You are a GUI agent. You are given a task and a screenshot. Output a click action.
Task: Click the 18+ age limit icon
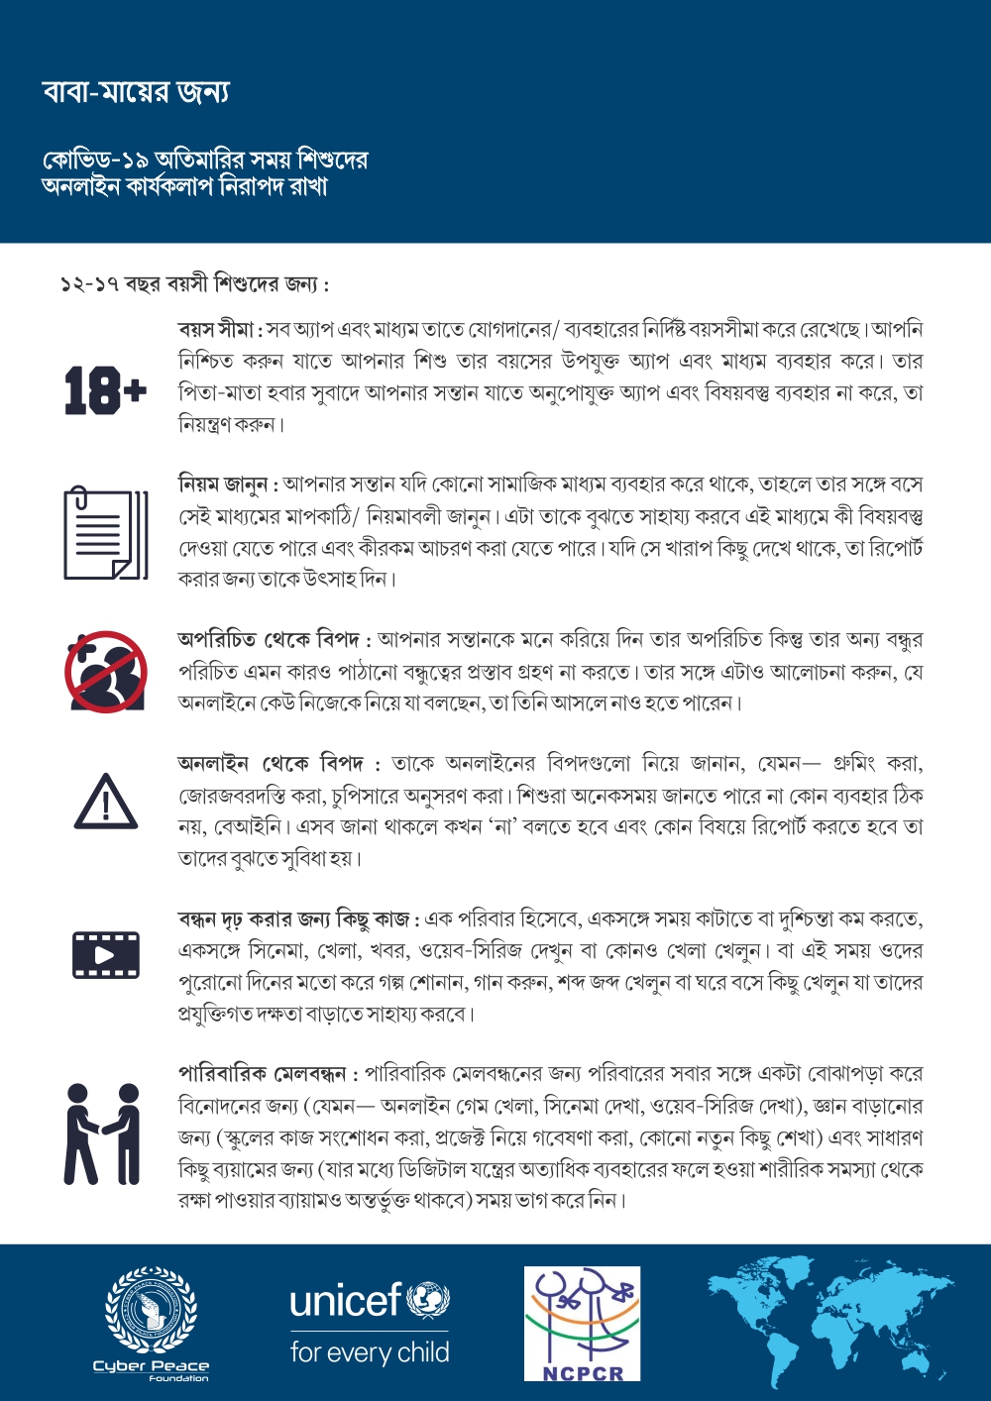[x=105, y=390]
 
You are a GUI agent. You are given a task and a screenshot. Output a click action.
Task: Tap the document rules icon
[x=105, y=533]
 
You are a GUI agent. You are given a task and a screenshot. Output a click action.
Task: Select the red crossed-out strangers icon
[x=105, y=671]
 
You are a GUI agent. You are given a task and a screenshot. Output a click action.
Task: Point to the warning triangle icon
[x=105, y=801]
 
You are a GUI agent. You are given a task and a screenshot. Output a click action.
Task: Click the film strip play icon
[x=105, y=955]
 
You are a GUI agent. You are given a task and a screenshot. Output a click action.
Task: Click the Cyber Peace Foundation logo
[x=151, y=1322]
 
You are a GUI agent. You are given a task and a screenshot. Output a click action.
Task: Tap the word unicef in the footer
[x=345, y=1299]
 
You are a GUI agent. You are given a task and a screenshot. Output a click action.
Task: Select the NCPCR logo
[x=582, y=1323]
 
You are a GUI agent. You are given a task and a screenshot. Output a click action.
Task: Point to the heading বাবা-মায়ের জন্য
[x=136, y=92]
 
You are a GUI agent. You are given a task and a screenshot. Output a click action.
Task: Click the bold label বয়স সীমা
[x=217, y=329]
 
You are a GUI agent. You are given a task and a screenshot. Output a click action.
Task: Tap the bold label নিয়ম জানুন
[x=224, y=485]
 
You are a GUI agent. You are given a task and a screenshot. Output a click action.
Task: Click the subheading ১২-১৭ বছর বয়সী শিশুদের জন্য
[x=193, y=284]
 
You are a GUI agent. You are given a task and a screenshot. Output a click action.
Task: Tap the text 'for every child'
[x=369, y=1352]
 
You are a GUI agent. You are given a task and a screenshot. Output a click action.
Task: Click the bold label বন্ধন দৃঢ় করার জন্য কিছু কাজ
[x=294, y=919]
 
